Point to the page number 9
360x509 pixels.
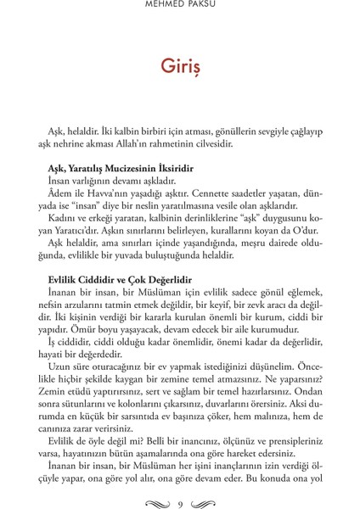coord(180,483)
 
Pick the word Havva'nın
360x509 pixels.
coord(104,193)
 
